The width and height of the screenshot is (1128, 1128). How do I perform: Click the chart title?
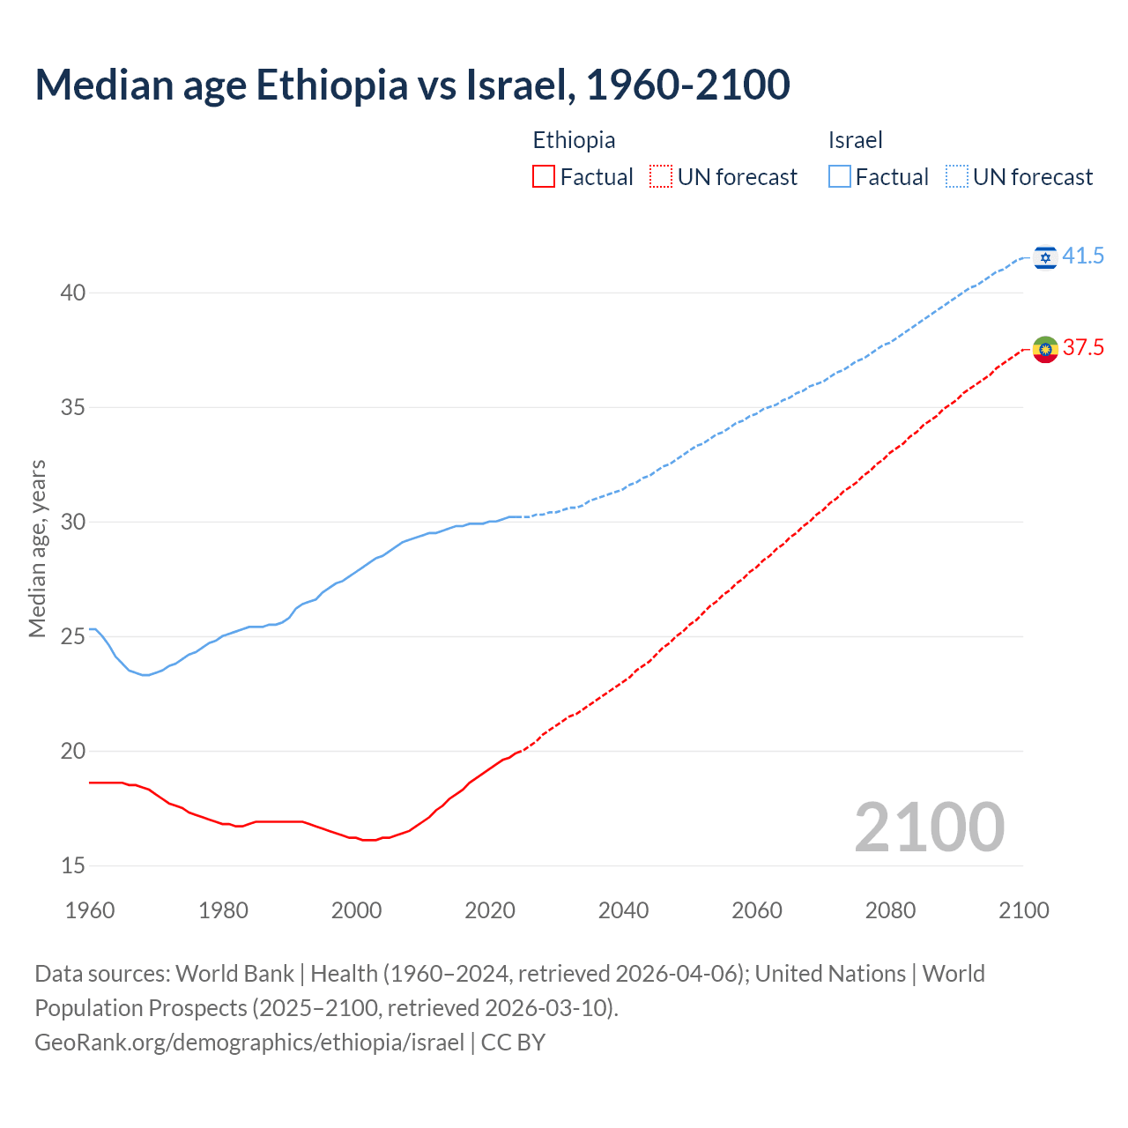pos(412,85)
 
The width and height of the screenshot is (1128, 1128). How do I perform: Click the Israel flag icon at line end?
pos(1045,256)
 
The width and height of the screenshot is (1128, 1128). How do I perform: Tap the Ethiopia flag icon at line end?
pos(1045,349)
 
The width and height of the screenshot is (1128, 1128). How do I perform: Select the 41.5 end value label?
pos(1083,256)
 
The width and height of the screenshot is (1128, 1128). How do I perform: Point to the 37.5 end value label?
pos(1083,348)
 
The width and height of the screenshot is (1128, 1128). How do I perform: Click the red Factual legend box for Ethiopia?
pos(544,177)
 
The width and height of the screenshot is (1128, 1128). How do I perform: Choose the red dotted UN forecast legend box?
pos(661,177)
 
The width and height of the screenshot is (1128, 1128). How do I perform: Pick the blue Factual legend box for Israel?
pos(840,177)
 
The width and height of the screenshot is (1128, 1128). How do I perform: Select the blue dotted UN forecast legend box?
pos(957,177)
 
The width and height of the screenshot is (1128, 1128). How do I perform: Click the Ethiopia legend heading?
pos(574,140)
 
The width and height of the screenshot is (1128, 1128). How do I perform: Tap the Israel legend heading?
pos(855,140)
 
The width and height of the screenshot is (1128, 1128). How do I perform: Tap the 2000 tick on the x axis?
pos(356,910)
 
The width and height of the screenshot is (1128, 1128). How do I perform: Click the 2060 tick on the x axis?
pos(757,910)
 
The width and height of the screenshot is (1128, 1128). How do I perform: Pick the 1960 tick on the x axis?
pos(90,910)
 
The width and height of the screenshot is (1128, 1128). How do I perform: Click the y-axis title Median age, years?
pos(37,548)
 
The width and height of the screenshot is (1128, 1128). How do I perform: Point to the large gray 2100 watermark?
pos(929,827)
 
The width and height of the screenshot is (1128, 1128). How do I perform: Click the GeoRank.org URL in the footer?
pos(249,1043)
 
